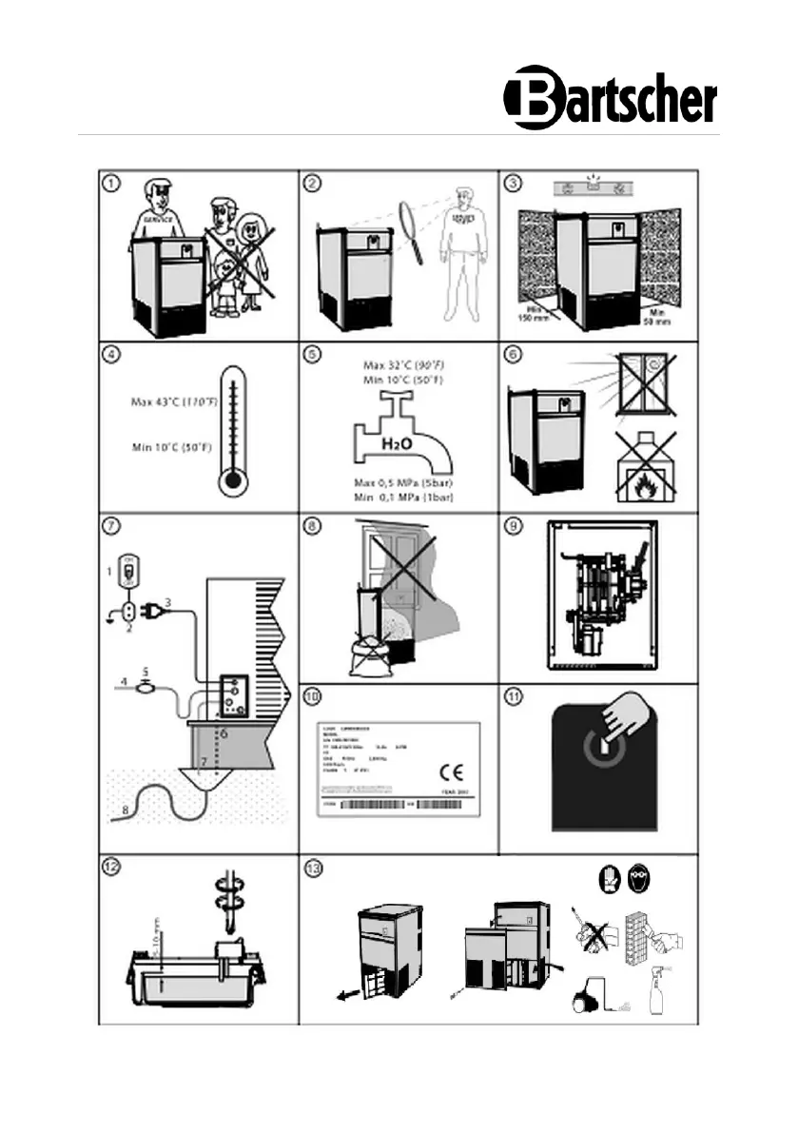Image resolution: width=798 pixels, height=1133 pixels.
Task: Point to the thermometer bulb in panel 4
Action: coord(229,483)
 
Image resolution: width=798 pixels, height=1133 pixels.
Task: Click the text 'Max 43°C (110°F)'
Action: coord(174,402)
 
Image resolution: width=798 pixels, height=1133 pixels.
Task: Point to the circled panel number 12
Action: coord(113,867)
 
